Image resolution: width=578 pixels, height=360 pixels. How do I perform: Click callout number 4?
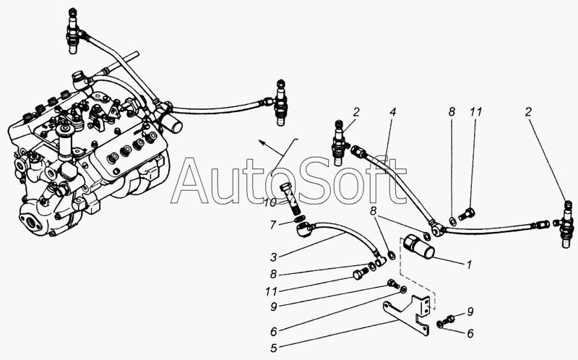(x=393, y=113)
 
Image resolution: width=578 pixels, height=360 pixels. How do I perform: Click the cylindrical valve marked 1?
(x=418, y=247)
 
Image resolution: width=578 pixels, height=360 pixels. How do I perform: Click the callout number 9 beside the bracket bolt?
(x=470, y=312)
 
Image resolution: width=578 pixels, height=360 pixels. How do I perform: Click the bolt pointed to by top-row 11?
(x=465, y=214)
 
